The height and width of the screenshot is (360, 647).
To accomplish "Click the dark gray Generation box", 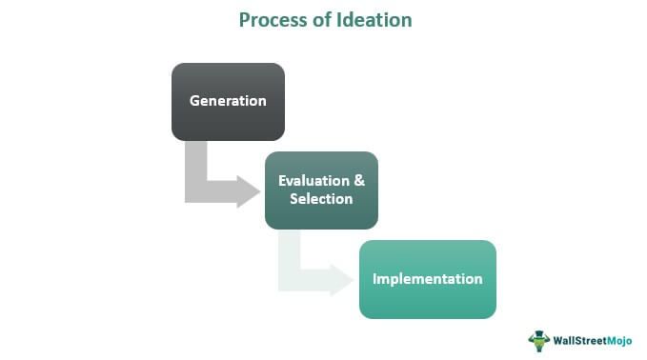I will [x=228, y=101].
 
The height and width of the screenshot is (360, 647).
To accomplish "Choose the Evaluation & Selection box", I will [x=321, y=190].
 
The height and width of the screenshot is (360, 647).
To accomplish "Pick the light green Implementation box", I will [x=427, y=278].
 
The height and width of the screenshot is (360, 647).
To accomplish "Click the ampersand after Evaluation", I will [x=358, y=181].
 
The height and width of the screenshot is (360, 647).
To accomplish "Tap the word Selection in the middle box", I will [x=321, y=199].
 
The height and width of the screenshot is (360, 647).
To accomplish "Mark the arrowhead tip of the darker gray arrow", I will [x=258, y=190].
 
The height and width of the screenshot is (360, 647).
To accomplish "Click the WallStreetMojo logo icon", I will [x=539, y=339].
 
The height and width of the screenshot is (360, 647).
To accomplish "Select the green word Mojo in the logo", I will [x=618, y=339].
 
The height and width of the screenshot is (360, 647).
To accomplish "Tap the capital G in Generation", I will [x=194, y=101].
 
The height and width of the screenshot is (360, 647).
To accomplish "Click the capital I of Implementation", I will [x=374, y=279].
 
